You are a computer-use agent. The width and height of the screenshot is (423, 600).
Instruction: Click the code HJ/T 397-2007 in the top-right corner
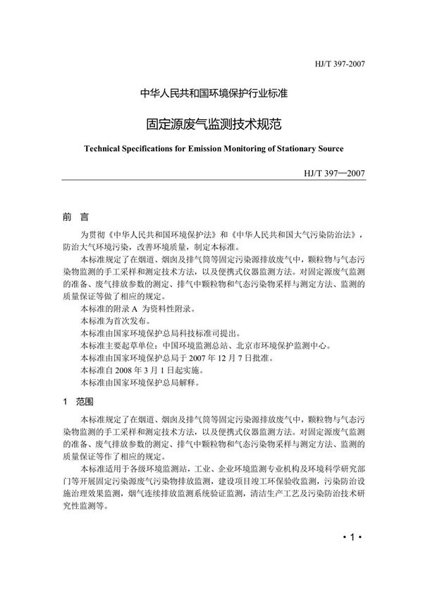coord(338,65)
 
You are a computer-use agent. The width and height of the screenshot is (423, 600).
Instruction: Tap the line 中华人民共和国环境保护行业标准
coord(211,93)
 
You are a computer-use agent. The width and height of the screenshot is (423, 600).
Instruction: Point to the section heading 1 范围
coord(76,401)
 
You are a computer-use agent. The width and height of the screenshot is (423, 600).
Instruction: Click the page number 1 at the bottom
coord(350,538)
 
